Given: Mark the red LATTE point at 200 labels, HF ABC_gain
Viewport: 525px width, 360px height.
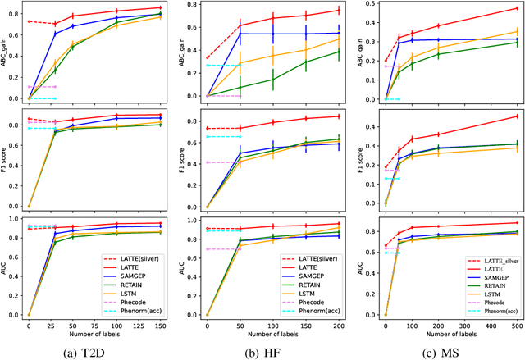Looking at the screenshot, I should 338,11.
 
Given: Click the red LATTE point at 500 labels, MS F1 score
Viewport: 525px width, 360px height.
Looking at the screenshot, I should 517,116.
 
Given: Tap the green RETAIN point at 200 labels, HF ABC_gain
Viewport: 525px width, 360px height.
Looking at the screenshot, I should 338,52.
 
